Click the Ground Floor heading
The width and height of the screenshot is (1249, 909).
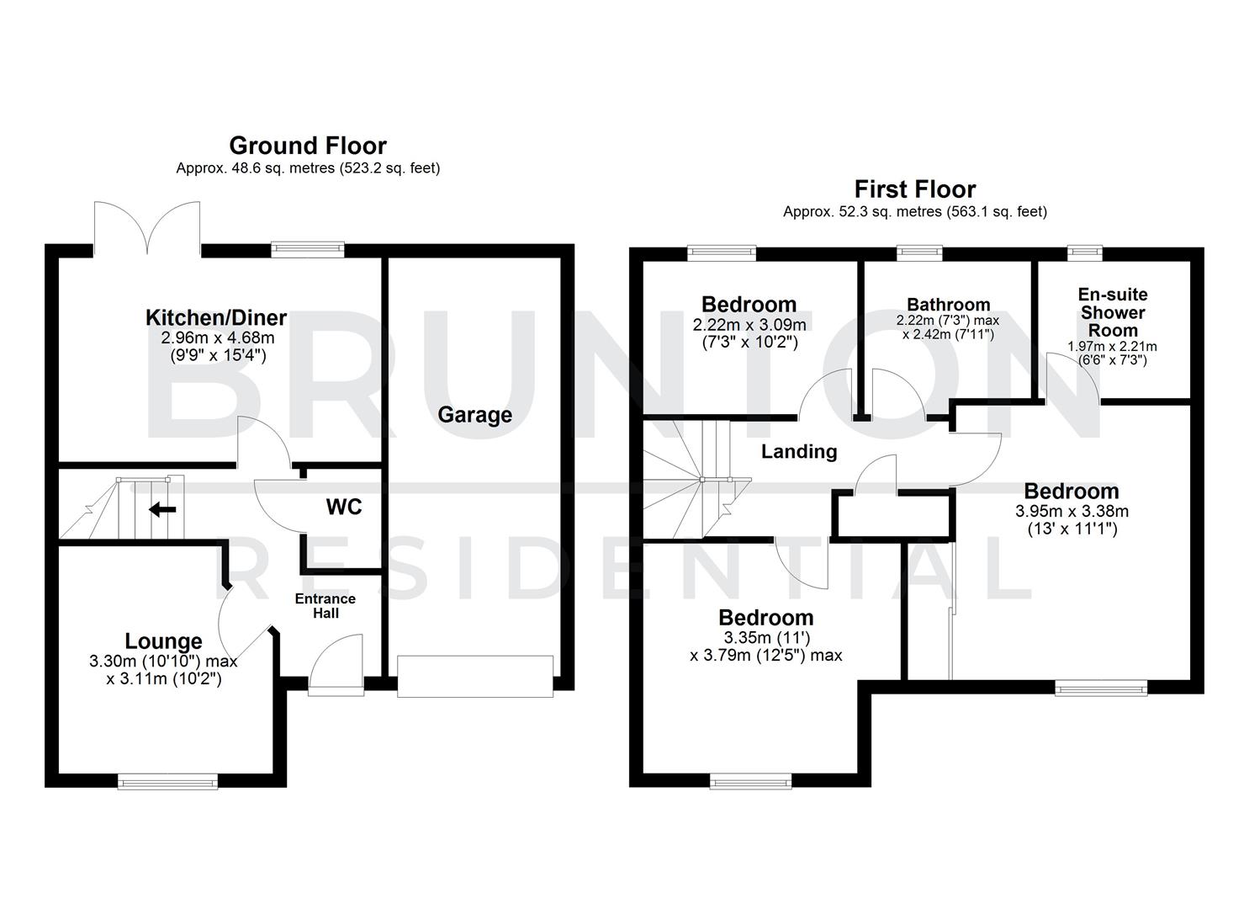point(308,146)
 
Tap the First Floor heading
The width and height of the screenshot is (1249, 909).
point(914,189)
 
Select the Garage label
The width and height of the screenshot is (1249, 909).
point(474,415)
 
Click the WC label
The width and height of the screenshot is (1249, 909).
point(344,507)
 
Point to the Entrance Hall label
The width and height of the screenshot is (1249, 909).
point(325,606)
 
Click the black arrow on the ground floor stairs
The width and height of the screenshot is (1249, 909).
point(162,509)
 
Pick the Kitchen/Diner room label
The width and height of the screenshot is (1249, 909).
point(216,318)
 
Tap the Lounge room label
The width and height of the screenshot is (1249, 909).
point(163,641)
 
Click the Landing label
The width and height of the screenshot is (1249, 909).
point(799,452)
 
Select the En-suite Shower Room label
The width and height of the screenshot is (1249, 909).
point(1113,312)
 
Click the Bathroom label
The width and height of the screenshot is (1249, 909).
point(948,305)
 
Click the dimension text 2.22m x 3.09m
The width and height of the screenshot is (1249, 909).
point(749,325)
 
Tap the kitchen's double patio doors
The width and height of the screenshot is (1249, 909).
point(148,229)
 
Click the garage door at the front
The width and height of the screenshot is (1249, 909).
point(475,677)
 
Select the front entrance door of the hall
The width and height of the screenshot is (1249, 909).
point(336,669)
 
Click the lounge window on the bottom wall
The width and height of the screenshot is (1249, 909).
point(167,782)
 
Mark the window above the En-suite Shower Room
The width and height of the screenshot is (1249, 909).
point(1084,250)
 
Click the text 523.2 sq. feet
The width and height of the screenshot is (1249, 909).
point(389,168)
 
